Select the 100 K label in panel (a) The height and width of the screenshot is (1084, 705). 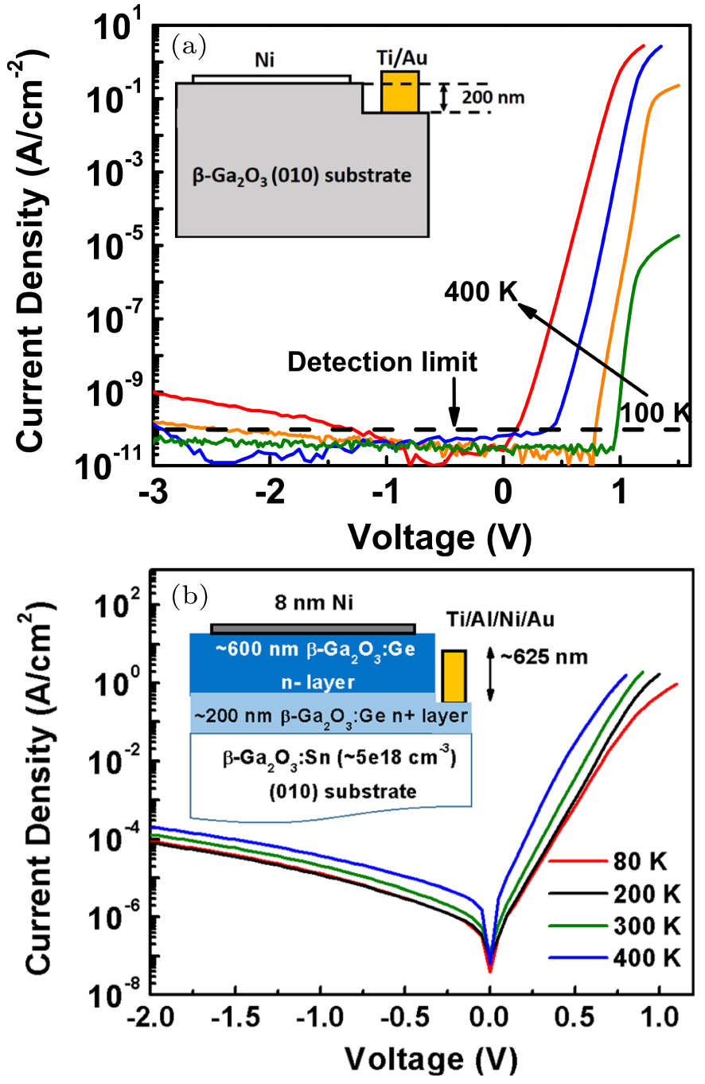[x=658, y=413]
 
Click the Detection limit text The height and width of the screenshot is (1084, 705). [x=382, y=363]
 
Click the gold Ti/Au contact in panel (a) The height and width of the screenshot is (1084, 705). [x=399, y=91]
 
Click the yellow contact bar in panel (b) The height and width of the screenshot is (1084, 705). [x=454, y=674]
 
